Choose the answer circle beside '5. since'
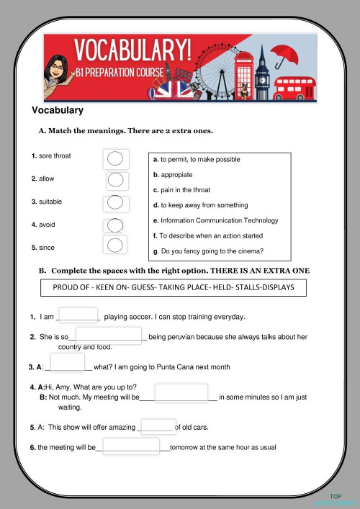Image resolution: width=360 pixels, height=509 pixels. [x=115, y=246]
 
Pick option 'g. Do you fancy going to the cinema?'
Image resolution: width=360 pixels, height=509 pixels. [x=208, y=251]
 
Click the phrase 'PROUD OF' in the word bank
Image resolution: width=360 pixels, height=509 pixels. [x=73, y=287]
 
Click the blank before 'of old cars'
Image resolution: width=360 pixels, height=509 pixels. [x=158, y=426]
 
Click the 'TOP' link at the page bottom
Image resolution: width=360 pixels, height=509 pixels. [x=335, y=497]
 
